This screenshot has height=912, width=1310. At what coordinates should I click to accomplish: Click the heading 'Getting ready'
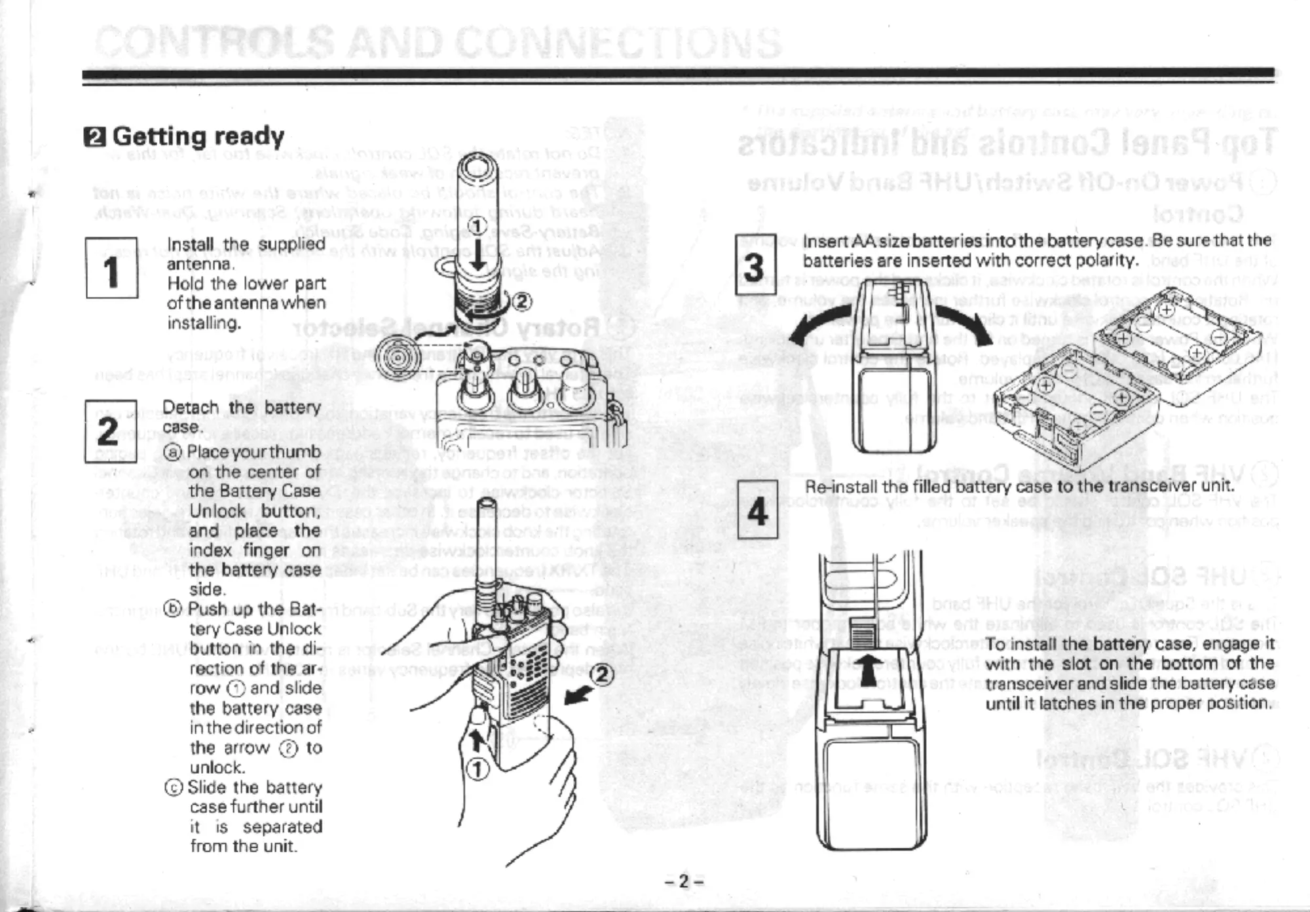coord(198,136)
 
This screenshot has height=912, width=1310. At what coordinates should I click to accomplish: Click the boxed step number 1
coord(112,269)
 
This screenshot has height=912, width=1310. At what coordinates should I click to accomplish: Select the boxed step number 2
coord(110,431)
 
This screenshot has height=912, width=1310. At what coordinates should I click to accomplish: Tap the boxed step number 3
coord(755,265)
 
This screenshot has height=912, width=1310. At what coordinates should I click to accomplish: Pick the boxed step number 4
coord(757,509)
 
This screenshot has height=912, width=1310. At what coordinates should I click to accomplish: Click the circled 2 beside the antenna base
coord(521,301)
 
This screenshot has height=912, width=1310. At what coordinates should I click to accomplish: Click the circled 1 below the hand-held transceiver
coord(478,769)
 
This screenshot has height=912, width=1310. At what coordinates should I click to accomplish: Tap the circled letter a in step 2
coord(173,452)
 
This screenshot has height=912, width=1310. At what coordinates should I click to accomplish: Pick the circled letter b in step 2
coord(173,609)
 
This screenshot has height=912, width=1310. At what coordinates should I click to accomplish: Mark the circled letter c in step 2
coord(174,788)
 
